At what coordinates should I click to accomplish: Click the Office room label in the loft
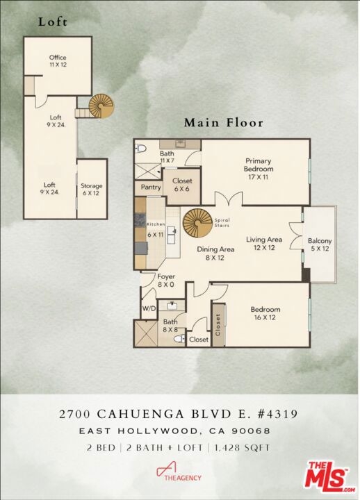click(x=58, y=61)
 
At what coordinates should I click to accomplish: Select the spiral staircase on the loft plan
click(x=101, y=106)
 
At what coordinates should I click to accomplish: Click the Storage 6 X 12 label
click(x=91, y=189)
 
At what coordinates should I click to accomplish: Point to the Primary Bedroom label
click(x=259, y=169)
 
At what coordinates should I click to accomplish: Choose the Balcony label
click(x=320, y=244)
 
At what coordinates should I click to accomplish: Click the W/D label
click(x=149, y=308)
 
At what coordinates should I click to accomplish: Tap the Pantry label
click(x=151, y=187)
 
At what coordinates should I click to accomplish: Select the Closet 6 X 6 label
click(x=182, y=185)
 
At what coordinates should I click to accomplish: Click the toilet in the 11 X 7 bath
click(x=140, y=149)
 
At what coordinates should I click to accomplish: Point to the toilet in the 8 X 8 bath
click(x=180, y=338)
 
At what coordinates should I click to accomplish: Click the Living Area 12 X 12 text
click(x=264, y=243)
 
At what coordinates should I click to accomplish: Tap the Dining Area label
click(x=215, y=253)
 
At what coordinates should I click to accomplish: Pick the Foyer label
click(x=166, y=281)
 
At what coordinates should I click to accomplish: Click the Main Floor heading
click(x=224, y=123)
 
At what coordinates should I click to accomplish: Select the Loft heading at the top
click(x=53, y=22)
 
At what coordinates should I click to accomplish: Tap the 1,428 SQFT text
click(x=242, y=447)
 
